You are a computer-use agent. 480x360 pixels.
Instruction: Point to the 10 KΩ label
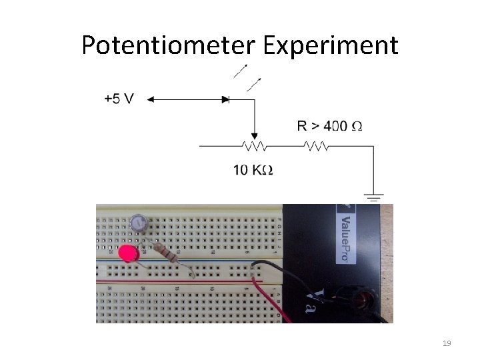(253, 170)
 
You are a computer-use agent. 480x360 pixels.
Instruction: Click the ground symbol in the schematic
(373, 197)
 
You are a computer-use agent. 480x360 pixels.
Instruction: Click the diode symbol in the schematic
(225, 99)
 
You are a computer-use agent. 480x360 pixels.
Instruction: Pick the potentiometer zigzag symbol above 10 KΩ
(254, 145)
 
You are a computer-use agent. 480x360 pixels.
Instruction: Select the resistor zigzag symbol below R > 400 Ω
(315, 145)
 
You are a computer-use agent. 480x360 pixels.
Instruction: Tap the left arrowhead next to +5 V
(151, 99)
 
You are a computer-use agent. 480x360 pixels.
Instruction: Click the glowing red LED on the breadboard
(126, 253)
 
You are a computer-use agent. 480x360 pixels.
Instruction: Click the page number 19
(447, 343)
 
